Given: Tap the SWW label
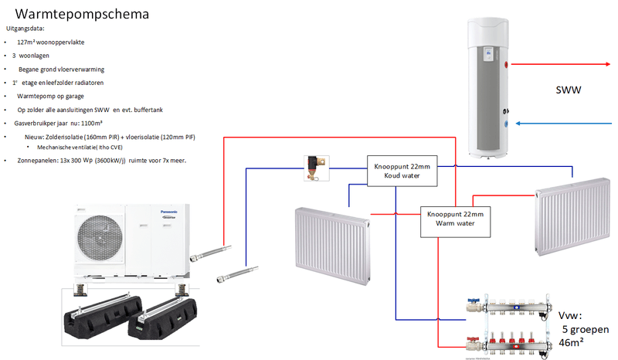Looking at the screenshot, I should (x=569, y=91).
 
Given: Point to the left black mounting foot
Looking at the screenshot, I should (x=93, y=318).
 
